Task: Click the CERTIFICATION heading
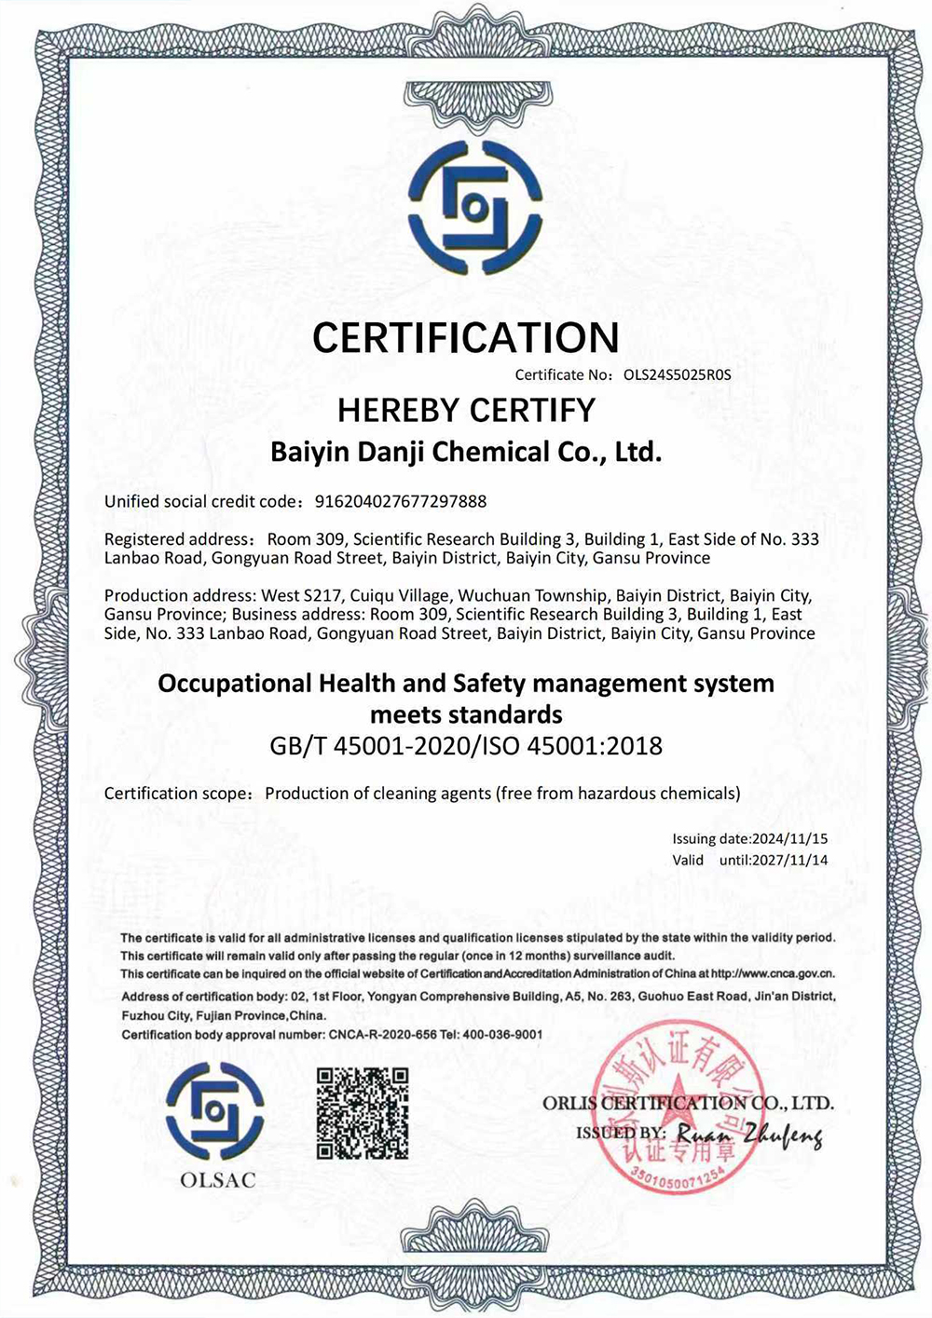point(465,337)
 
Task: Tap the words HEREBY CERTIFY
point(466,410)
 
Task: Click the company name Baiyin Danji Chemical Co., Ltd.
point(466,453)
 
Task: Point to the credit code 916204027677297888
point(401,502)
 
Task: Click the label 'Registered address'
point(177,539)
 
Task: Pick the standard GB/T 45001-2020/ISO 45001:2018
point(466,746)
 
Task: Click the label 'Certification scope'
point(177,794)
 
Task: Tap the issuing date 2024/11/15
point(790,839)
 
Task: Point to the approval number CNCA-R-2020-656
point(383,1035)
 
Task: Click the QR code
point(363,1113)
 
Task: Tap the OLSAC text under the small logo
point(218,1180)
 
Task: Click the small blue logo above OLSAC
point(215,1110)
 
